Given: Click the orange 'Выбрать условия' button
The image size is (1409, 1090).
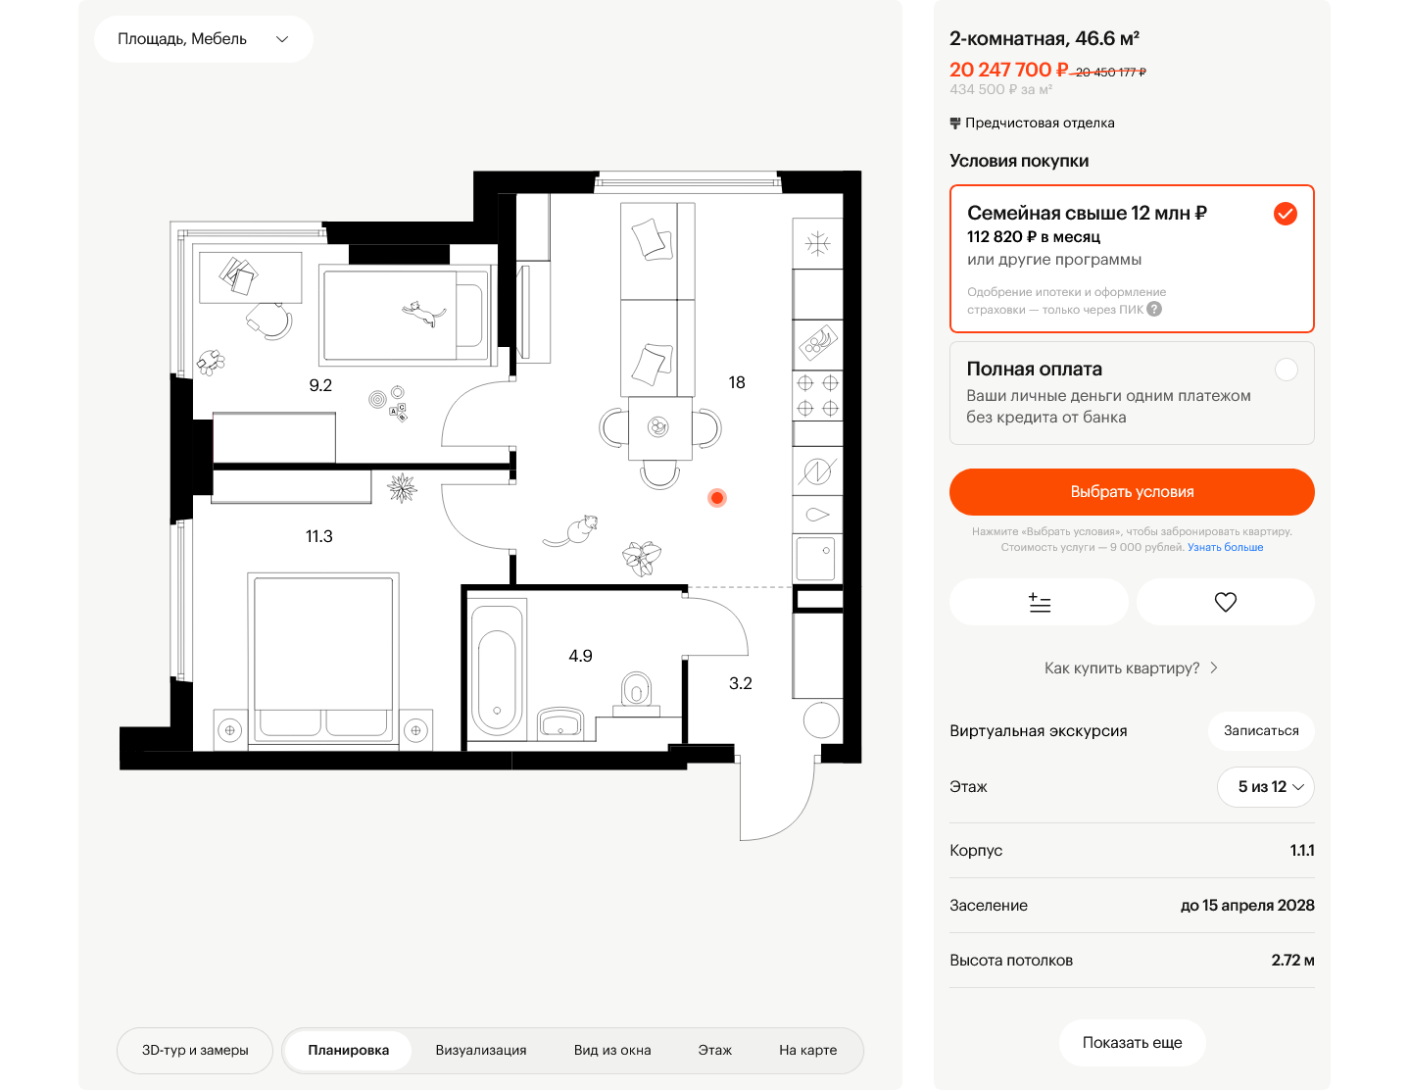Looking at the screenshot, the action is tap(1131, 491).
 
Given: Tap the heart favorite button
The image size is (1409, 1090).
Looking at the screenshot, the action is tap(1224, 602).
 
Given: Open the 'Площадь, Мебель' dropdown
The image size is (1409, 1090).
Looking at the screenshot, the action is tap(203, 39).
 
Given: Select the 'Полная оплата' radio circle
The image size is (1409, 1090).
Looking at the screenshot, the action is tap(1286, 370).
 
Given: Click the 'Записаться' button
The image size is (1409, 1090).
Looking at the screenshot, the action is tap(1260, 731).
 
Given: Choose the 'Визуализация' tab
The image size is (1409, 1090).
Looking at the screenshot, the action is tap(480, 1050).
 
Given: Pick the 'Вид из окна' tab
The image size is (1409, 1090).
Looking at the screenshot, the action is tap(611, 1050).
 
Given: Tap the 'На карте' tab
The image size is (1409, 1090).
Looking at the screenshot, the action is tap(807, 1050).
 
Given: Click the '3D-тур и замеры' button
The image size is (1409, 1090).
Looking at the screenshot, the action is tap(195, 1050).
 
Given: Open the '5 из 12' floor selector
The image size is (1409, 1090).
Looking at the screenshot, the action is tap(1264, 786).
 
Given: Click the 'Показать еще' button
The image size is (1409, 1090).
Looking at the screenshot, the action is tap(1132, 1042).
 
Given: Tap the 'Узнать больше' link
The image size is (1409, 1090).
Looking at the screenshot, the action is tap(1224, 547).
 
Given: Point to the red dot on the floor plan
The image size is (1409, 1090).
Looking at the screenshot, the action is tap(716, 498).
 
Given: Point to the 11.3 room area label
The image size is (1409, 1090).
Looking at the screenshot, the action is tap(318, 536).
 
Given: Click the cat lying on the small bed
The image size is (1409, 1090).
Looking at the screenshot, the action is tap(424, 314).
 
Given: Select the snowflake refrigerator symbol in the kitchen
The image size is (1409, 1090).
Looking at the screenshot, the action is tap(817, 244).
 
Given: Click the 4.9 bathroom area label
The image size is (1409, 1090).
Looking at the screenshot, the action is tap(580, 656).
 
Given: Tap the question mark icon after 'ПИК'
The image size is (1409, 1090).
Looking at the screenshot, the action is tap(1153, 310).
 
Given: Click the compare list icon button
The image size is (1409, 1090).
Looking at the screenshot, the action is tap(1039, 602).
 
